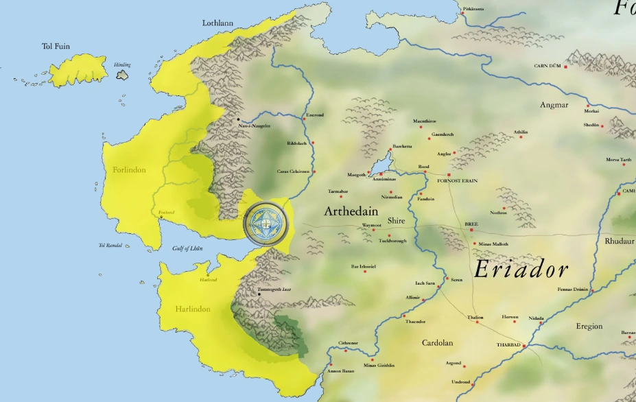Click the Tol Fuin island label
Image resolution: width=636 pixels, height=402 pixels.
[x=56, y=47]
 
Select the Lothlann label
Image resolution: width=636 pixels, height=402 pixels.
[x=217, y=23]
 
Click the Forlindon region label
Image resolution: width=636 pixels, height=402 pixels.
[x=129, y=169]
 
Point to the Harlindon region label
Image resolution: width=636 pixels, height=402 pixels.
[x=192, y=309]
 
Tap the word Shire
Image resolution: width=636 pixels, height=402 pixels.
[x=396, y=221]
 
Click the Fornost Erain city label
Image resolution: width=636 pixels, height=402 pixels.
[x=457, y=181]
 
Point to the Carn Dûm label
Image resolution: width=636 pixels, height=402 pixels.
[x=547, y=67]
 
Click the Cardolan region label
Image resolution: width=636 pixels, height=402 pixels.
[x=437, y=342]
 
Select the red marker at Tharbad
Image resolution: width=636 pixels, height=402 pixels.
[x=524, y=346]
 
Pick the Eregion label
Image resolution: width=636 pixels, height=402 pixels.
[x=589, y=327]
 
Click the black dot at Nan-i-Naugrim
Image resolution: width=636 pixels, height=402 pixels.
[x=238, y=119]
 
